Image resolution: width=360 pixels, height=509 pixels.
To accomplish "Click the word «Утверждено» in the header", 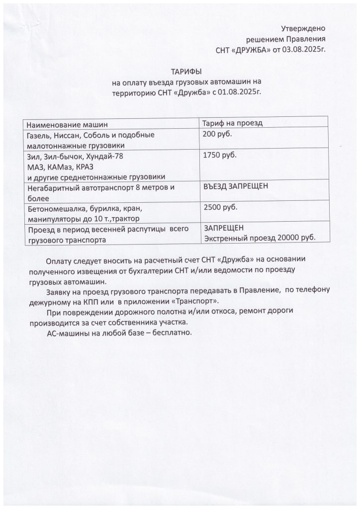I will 303,29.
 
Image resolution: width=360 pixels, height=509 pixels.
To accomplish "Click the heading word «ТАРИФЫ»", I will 187,72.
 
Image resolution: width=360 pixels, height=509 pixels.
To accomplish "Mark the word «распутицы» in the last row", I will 145,230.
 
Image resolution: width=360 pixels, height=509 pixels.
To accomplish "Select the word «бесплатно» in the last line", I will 170,333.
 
